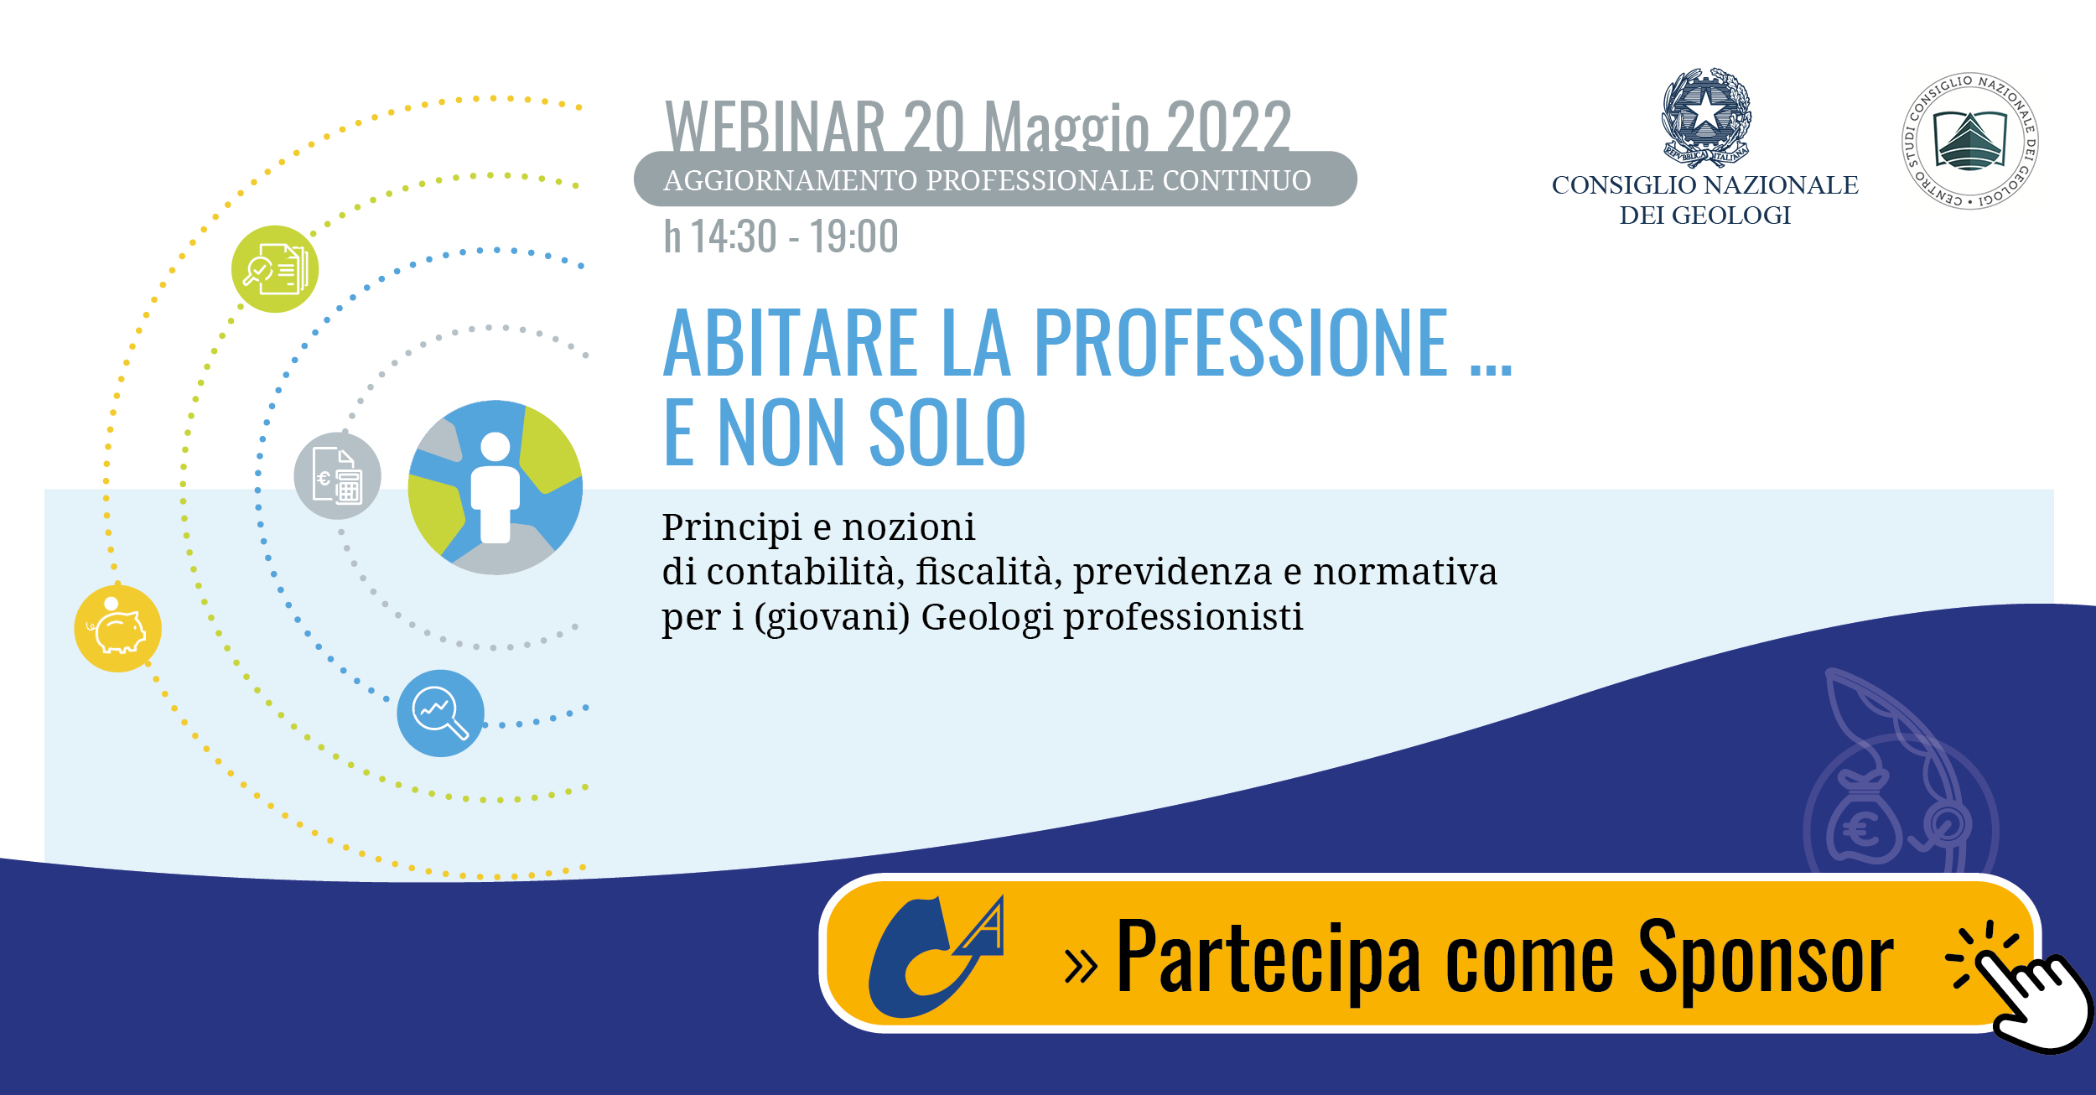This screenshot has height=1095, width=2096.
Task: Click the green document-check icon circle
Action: click(275, 269)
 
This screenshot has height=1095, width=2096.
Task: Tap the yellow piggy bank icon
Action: click(118, 628)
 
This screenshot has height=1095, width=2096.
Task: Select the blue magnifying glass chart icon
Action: click(441, 713)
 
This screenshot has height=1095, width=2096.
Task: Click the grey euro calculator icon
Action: click(338, 475)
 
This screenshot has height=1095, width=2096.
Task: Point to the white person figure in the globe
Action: click(495, 487)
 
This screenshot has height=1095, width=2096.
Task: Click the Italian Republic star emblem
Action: click(1706, 115)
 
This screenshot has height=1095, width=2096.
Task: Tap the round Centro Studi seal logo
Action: click(1970, 140)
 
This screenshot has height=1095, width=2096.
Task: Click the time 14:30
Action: click(734, 236)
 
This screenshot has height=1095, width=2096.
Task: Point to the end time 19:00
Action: click(854, 236)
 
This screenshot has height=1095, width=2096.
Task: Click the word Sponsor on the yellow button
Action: click(1767, 958)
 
